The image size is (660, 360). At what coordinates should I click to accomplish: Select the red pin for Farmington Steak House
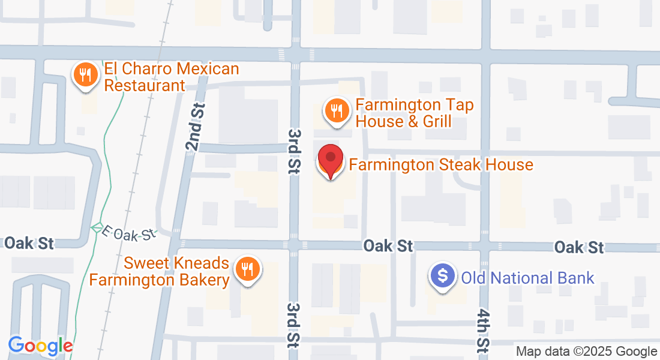(330, 160)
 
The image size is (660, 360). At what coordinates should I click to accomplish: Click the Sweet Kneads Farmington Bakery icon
(246, 268)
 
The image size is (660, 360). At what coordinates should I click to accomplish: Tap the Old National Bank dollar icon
(443, 277)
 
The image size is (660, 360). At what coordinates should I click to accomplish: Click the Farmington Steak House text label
(441, 164)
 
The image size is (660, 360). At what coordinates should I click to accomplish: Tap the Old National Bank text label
(527, 278)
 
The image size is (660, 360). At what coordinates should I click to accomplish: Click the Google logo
(40, 346)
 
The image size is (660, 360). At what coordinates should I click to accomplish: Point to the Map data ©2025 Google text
(587, 352)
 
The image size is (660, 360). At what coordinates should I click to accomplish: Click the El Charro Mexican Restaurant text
(172, 77)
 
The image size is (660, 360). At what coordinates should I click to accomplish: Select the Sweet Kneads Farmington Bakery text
(160, 272)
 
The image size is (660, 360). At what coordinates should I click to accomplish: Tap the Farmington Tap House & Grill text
(415, 113)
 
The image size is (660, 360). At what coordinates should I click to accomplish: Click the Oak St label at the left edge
(29, 243)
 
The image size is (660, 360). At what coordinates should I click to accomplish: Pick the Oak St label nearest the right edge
(578, 247)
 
